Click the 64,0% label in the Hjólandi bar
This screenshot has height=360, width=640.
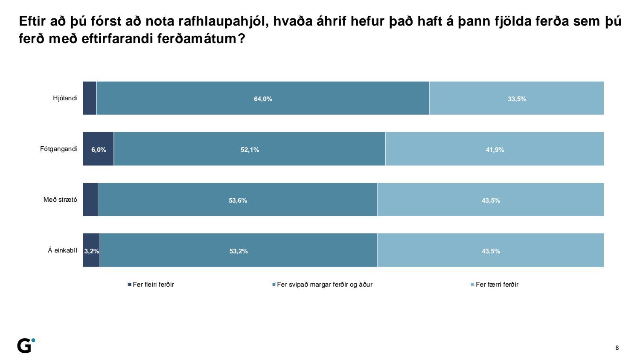(263, 99)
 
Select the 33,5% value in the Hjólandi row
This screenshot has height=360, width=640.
(517, 99)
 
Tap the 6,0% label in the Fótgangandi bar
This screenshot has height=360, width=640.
(99, 150)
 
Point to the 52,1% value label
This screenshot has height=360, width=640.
(250, 150)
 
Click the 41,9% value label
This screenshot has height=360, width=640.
(495, 150)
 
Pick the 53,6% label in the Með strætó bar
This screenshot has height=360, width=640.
(238, 200)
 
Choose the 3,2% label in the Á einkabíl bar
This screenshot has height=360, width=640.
(91, 251)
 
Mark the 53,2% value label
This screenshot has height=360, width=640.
(239, 251)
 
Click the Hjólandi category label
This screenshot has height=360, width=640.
(65, 98)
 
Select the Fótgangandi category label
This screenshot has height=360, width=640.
(58, 149)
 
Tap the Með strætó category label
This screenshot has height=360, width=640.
(60, 200)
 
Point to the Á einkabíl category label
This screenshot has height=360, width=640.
(62, 250)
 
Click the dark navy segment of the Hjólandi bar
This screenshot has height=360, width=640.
(90, 98)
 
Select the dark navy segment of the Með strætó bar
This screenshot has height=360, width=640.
(90, 200)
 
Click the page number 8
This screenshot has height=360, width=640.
(617, 348)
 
